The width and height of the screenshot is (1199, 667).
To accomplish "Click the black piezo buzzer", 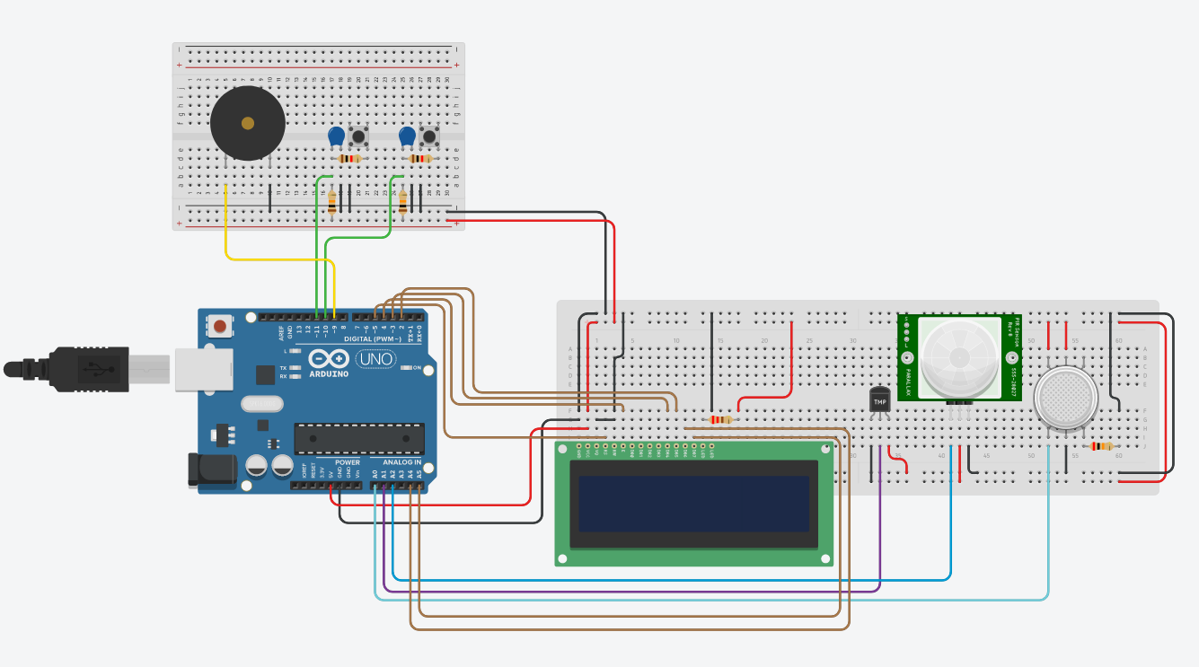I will [247, 124].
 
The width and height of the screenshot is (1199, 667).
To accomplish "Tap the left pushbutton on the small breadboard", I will [358, 137].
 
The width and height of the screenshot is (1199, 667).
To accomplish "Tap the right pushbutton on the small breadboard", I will [429, 137].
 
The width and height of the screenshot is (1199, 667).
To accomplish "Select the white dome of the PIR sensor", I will [960, 356].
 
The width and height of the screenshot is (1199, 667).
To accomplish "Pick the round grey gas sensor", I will [1065, 399].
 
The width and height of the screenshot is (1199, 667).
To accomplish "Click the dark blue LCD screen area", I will [694, 504].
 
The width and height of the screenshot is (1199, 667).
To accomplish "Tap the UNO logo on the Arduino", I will [375, 359].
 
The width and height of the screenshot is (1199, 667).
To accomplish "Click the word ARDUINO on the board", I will [330, 374].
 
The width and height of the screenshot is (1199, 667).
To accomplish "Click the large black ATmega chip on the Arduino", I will [359, 438].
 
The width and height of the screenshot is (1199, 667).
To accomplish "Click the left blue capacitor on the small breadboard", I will [336, 136].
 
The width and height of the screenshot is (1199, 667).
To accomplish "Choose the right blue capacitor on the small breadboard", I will [407, 136].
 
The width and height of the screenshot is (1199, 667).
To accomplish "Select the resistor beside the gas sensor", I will [1100, 446].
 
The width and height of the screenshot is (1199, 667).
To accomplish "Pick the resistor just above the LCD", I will [720, 419].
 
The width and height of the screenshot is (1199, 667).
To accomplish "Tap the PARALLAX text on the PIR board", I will [907, 382].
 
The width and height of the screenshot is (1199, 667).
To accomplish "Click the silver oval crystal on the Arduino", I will [261, 404].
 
